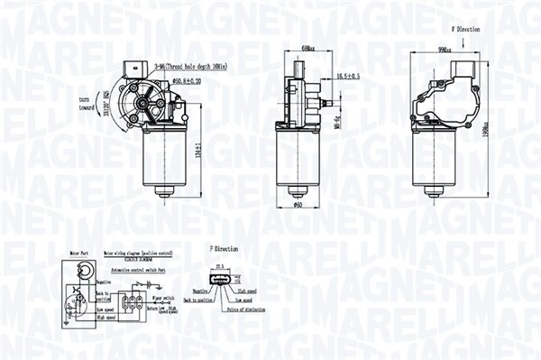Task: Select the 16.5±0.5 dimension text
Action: pyautogui.click(x=349, y=77)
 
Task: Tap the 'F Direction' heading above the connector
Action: pyautogui.click(x=225, y=246)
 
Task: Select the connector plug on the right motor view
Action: pyautogui.click(x=463, y=71)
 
